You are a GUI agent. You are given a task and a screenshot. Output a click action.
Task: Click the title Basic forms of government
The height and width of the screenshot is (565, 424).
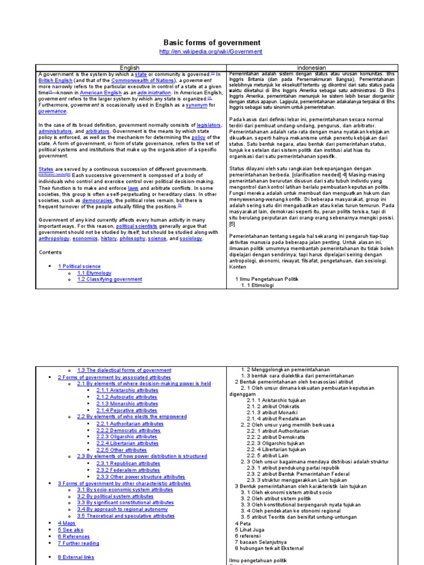[x=211, y=42]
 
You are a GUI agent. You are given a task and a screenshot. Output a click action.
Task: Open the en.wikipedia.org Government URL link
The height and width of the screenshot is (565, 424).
[x=211, y=52]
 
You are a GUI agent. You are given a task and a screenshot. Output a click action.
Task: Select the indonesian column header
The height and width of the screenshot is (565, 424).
[x=312, y=68]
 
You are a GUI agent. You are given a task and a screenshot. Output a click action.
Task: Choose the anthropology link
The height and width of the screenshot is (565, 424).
[x=54, y=238]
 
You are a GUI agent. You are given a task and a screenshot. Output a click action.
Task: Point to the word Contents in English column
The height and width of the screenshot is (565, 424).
[x=51, y=252]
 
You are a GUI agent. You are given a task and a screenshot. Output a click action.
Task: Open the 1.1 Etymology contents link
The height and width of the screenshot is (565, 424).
[x=94, y=273]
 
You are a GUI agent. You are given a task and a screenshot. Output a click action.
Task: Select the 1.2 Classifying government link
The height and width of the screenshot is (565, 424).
[x=109, y=280]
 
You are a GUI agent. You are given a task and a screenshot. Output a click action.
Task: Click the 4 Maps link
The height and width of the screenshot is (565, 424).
[x=66, y=523]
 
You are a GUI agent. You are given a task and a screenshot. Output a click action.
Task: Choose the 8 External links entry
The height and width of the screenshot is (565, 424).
[x=76, y=557]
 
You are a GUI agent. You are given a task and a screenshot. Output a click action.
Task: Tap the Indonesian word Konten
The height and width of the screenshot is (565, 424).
[x=238, y=266]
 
